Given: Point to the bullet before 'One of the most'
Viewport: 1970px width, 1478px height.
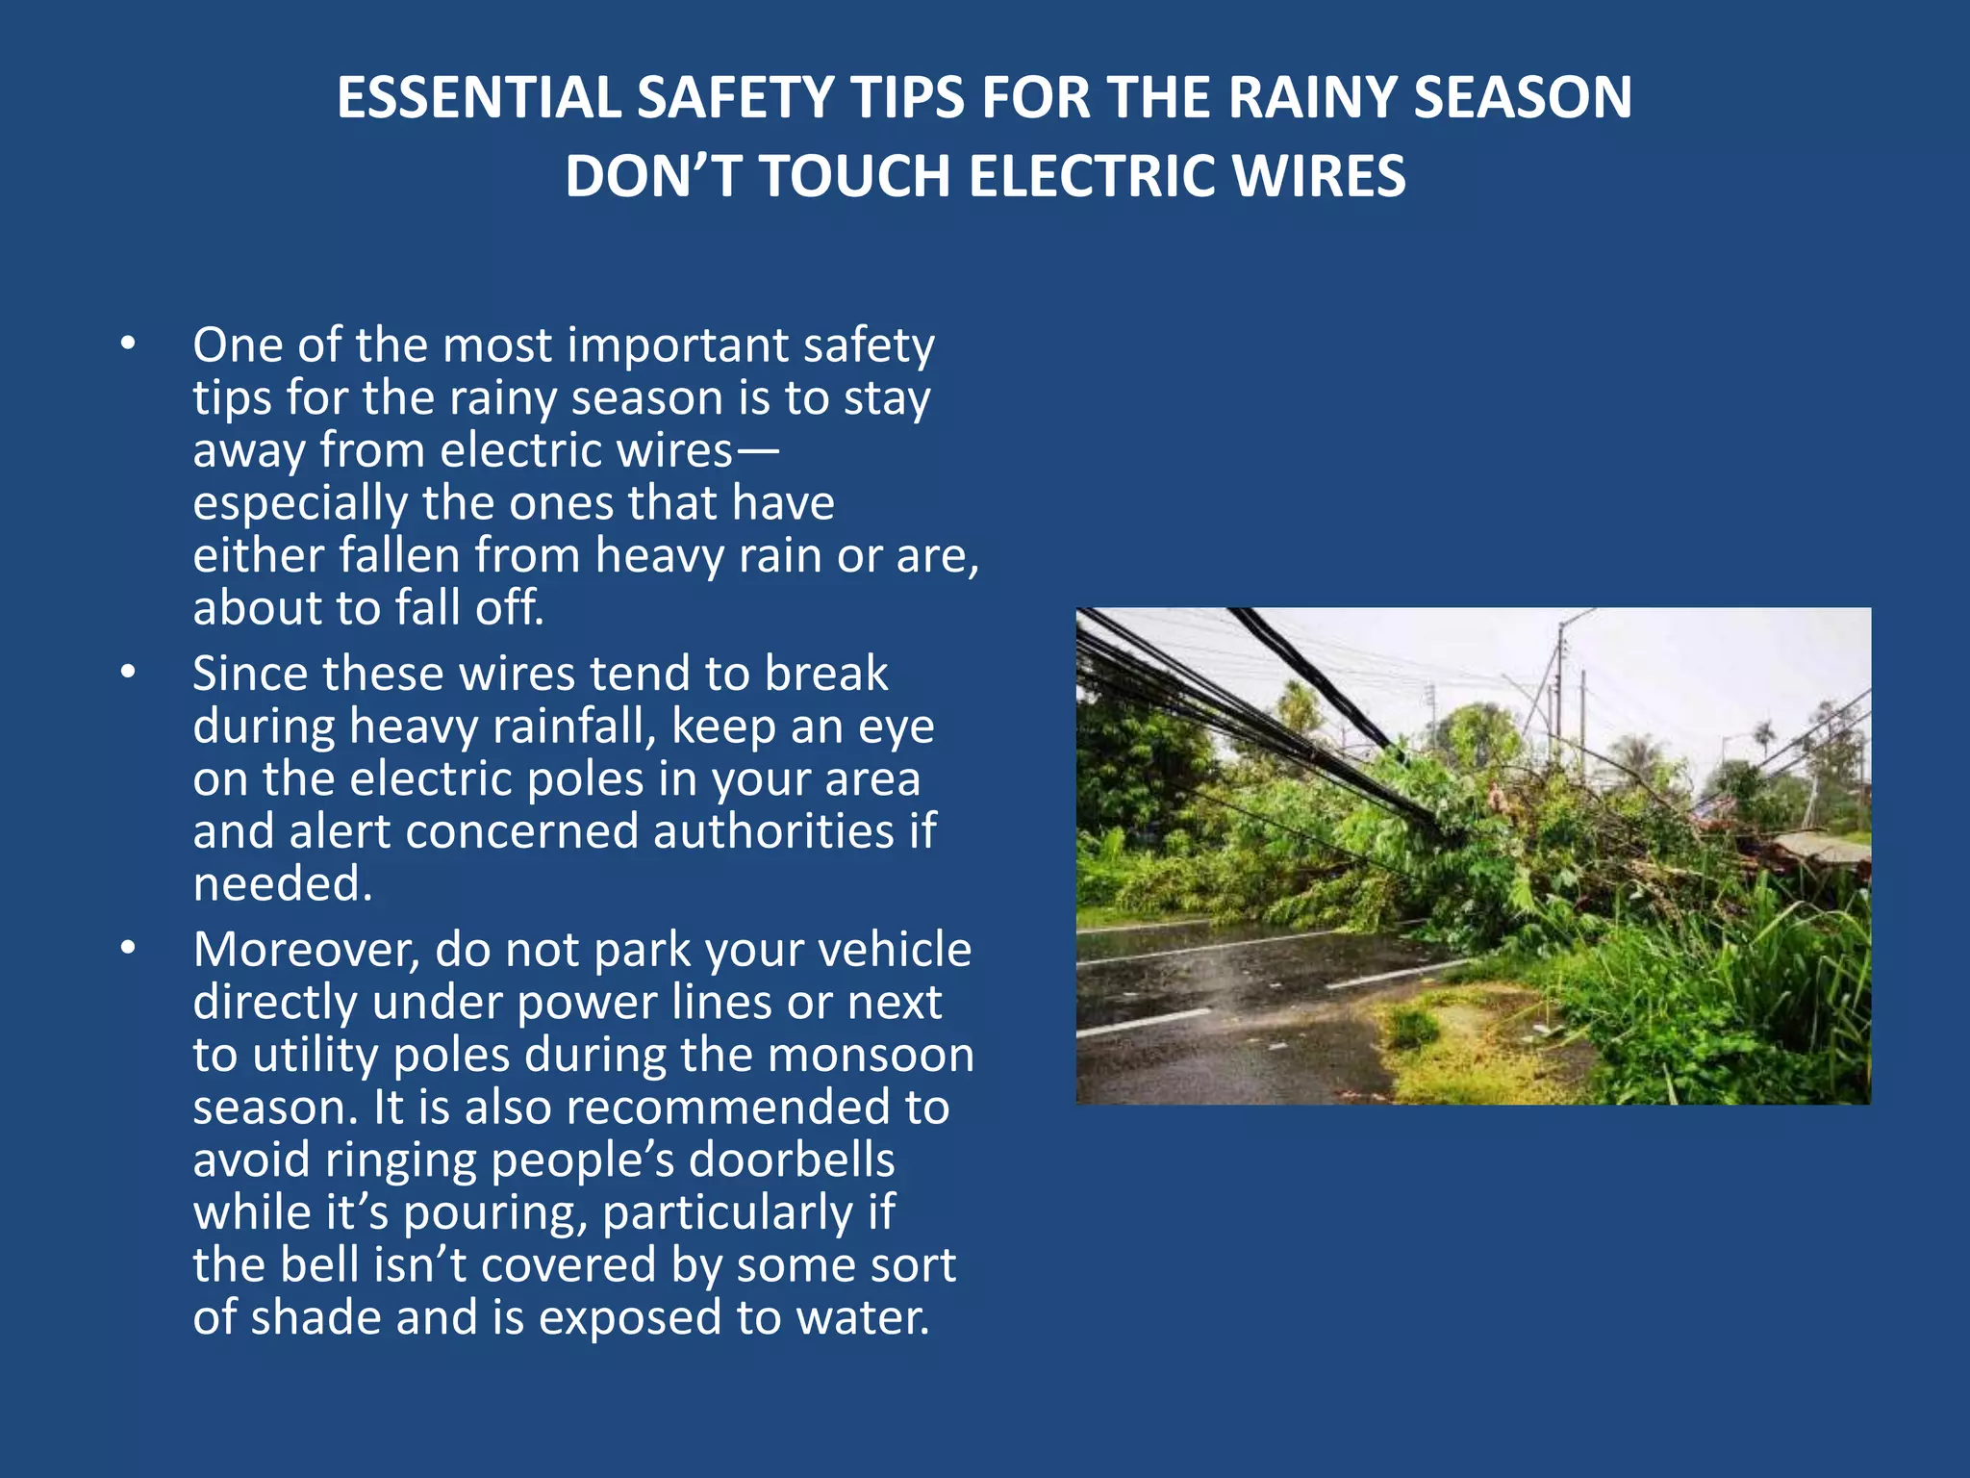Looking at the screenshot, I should [x=128, y=344].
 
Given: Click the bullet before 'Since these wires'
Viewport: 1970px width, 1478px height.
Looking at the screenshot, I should [x=128, y=673].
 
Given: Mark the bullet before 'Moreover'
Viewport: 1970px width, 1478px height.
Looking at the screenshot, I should [x=128, y=949].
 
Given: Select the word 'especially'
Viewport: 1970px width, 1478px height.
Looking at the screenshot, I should [x=300, y=504].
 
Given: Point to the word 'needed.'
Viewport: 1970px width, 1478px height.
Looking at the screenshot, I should [x=283, y=884].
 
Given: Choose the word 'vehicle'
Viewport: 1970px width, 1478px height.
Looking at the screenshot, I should [x=895, y=951].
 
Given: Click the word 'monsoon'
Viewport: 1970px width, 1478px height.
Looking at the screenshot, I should [x=871, y=1056].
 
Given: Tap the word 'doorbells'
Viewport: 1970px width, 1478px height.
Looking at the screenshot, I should [x=792, y=1160].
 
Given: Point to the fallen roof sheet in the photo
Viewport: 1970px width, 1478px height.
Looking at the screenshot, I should [x=1821, y=847].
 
